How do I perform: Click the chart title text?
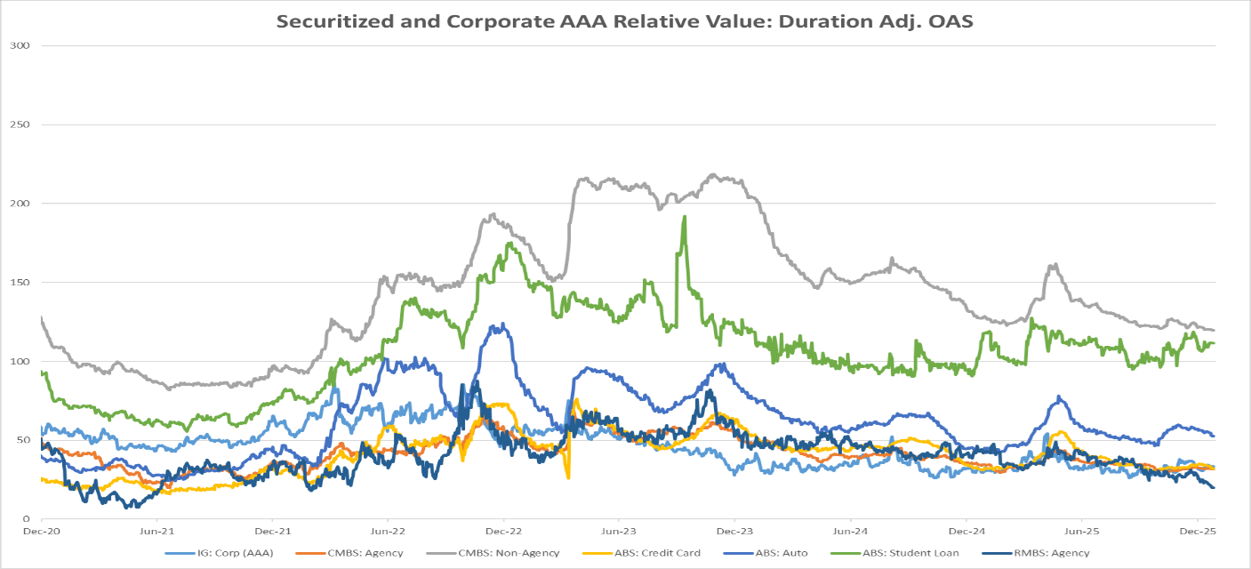click(624, 21)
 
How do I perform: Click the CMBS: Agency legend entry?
click(365, 553)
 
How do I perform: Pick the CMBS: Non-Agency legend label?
click(509, 553)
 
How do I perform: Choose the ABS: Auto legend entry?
click(783, 553)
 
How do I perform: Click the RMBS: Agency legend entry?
click(1052, 553)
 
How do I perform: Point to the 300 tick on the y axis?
click(19, 45)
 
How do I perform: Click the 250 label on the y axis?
click(19, 124)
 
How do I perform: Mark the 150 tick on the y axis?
click(19, 282)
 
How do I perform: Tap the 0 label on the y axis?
click(27, 518)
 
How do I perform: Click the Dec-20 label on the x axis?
click(41, 532)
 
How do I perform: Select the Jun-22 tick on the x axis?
click(388, 532)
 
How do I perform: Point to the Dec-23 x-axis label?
click(734, 532)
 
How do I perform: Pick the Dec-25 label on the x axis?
click(1197, 532)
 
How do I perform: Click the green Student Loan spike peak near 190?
click(684, 216)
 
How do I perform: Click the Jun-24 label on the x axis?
click(850, 532)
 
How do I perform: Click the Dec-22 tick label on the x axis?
click(503, 532)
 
